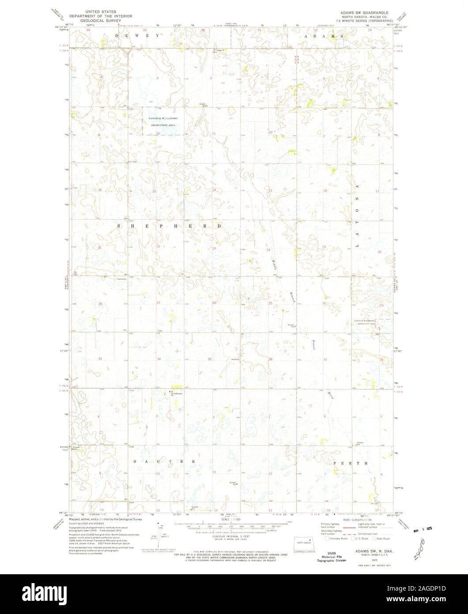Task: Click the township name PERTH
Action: tap(351, 463)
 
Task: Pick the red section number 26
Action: tap(214, 303)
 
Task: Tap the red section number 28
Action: tap(100, 304)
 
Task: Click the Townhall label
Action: tap(121, 279)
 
